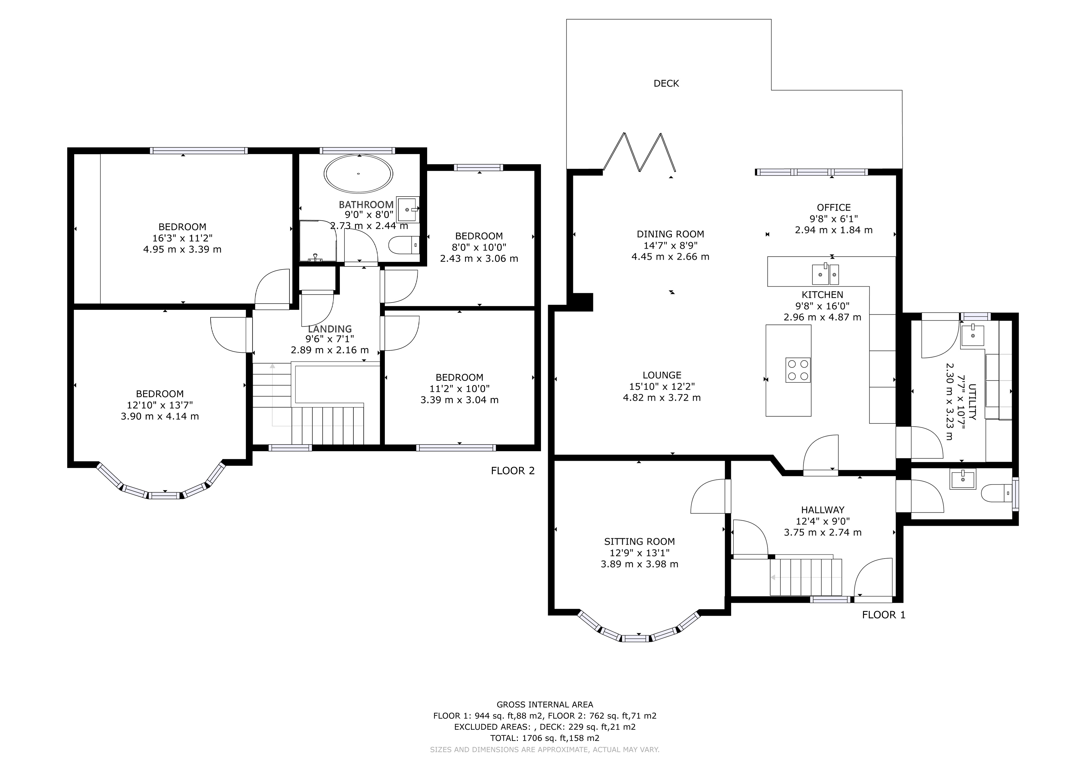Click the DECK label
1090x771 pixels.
point(666,83)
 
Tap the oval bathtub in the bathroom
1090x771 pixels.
point(359,174)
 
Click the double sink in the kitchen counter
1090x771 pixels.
point(825,274)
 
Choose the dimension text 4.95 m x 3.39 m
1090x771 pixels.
point(182,249)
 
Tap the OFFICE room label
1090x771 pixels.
point(834,207)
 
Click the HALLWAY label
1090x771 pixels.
point(823,510)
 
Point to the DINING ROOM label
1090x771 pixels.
point(670,234)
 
